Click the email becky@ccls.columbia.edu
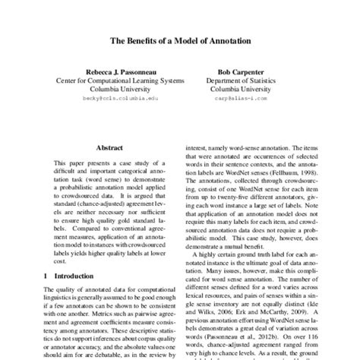point(114,99)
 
